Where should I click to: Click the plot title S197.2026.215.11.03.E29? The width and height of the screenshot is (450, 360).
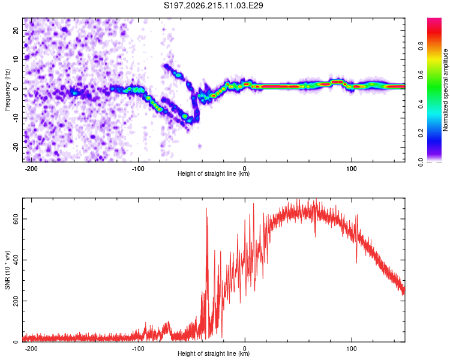tap(213, 5)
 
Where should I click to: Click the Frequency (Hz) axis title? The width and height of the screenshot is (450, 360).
tap(7, 90)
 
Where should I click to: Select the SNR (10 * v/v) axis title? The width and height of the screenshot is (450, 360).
tap(7, 270)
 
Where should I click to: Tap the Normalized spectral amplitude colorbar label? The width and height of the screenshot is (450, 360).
tap(445, 90)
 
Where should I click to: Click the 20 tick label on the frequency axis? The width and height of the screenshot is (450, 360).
tap(16, 31)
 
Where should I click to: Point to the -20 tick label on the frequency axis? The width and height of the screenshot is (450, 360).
tap(16, 147)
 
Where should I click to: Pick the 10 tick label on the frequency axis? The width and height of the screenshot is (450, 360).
tap(16, 59)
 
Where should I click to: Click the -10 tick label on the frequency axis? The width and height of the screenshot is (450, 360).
tap(16, 118)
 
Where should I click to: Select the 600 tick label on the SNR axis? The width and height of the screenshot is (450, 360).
tap(16, 219)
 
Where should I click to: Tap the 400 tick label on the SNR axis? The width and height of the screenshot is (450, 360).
tap(16, 260)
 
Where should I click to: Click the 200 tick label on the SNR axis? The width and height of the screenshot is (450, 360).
tap(16, 301)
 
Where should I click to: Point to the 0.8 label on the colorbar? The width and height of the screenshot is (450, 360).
tap(421, 46)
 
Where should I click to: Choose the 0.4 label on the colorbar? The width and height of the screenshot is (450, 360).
tap(421, 104)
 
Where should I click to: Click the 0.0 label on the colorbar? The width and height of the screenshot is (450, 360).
tap(421, 163)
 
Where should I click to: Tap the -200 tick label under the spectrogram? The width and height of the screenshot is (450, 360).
tap(31, 169)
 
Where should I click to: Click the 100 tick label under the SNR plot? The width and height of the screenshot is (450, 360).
tap(351, 349)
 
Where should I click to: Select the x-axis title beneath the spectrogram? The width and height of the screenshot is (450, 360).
tap(214, 173)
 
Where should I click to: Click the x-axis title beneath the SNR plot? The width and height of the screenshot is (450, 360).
tap(214, 353)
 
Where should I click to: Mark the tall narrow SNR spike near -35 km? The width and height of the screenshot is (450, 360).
tap(206, 259)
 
